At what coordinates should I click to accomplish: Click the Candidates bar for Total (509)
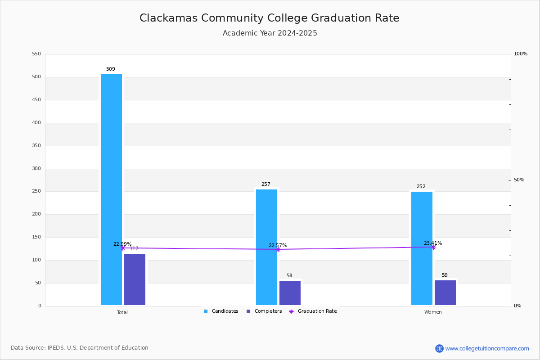click(111, 189)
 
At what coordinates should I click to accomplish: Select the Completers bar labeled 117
click(135, 279)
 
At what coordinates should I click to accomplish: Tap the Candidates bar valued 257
click(266, 247)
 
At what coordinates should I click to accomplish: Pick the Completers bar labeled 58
click(290, 293)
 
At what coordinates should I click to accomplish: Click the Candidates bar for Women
click(422, 248)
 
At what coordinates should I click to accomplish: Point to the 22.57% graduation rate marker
click(278, 249)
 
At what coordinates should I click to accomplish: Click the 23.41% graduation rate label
click(432, 243)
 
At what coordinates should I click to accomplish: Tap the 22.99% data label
click(122, 244)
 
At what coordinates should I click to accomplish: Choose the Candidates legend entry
click(221, 311)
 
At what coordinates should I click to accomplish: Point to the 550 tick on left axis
click(36, 54)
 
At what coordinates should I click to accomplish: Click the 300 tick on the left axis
click(36, 169)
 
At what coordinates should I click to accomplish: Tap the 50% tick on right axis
click(519, 180)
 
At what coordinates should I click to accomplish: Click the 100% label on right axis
click(520, 54)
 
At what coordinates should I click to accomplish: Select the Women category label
click(433, 312)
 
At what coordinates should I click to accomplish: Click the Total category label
click(122, 312)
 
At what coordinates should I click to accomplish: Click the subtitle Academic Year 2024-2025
click(270, 33)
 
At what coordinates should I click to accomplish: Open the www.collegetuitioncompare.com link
click(487, 348)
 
